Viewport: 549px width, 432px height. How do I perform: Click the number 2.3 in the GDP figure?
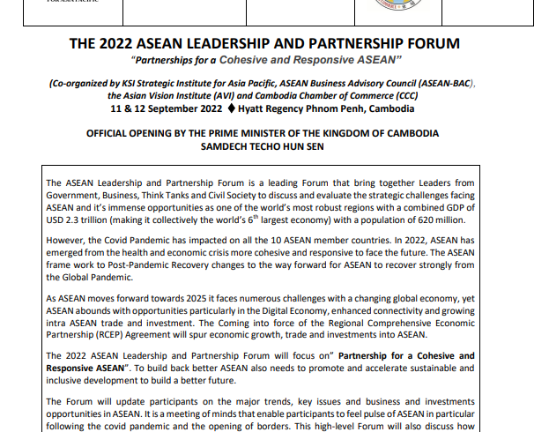coord(76,220)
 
